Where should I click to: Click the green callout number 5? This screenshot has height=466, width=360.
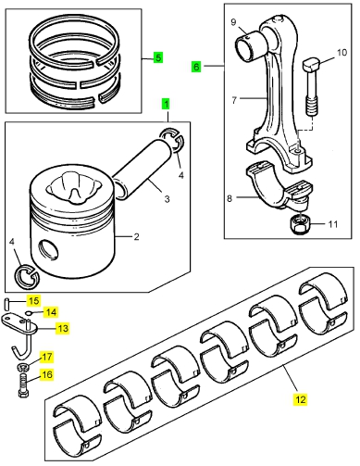point(157,57)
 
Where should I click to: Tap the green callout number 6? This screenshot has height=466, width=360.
point(196,67)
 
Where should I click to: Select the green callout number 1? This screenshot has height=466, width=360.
point(167,104)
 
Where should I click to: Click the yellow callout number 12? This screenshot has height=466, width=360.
point(300,399)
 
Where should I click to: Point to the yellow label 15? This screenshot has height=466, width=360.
point(33,300)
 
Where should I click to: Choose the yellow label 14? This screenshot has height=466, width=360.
point(51,312)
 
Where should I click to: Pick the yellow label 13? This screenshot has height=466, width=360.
point(63,328)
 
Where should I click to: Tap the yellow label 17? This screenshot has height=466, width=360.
point(46,357)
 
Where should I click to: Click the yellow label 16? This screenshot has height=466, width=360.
point(46,375)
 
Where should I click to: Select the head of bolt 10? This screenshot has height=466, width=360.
point(310,65)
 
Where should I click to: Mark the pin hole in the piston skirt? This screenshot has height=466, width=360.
point(49,248)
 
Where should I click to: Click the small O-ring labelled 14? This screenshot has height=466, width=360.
point(28,313)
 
